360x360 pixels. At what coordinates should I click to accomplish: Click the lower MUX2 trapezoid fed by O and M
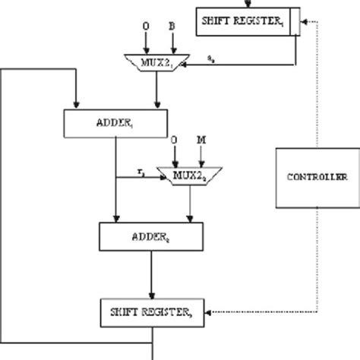click(x=185, y=175)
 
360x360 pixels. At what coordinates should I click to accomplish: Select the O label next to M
click(x=174, y=140)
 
